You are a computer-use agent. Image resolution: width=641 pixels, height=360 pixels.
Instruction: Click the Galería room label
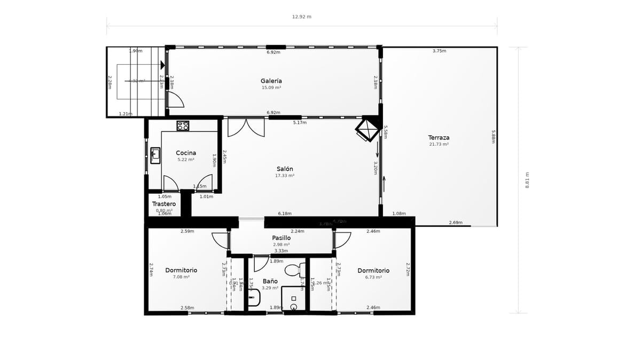click(x=271, y=81)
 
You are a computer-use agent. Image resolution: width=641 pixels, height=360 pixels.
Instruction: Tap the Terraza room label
click(x=439, y=137)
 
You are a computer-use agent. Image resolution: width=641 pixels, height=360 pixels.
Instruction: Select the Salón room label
click(x=285, y=169)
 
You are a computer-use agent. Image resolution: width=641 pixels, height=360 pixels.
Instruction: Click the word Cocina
click(x=186, y=153)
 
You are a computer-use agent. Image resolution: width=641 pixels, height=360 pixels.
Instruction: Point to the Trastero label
click(x=164, y=204)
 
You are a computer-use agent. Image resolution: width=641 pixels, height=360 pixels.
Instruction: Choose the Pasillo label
click(x=282, y=238)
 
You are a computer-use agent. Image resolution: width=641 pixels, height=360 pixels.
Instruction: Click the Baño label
click(x=270, y=281)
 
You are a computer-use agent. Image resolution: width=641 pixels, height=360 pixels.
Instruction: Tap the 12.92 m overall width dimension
click(x=301, y=17)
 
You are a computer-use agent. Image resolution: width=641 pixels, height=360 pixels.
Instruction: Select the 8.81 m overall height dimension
click(x=527, y=180)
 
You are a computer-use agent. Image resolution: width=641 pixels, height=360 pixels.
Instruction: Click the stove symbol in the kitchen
click(x=183, y=126)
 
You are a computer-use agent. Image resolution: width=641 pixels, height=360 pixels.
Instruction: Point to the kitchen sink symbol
click(x=155, y=155)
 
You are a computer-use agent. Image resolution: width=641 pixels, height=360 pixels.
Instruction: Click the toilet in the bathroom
click(x=292, y=270)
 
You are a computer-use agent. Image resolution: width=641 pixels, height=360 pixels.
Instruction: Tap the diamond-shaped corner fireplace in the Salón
click(x=366, y=129)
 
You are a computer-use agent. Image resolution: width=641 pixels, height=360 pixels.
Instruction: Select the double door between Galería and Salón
click(x=246, y=127)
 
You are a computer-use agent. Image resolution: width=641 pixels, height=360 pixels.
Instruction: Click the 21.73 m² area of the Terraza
click(x=439, y=144)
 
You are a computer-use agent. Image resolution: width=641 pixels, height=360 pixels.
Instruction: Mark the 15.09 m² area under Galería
click(x=271, y=88)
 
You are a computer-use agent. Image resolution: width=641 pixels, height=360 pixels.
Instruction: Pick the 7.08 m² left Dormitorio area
click(x=181, y=277)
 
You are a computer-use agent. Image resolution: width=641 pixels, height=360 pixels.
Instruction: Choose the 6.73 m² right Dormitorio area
click(x=373, y=277)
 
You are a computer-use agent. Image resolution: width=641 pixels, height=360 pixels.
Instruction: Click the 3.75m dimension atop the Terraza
click(x=439, y=51)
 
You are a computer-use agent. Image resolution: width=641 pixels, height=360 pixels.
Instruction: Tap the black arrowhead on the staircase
click(x=162, y=65)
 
